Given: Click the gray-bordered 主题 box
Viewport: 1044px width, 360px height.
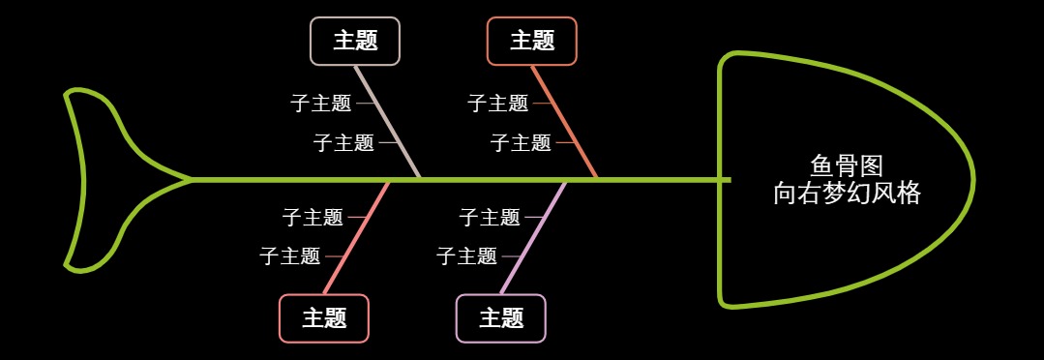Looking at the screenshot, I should (x=354, y=41).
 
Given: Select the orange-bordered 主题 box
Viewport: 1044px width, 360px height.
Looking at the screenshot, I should (x=531, y=41).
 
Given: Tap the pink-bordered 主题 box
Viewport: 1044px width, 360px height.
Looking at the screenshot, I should (x=324, y=318).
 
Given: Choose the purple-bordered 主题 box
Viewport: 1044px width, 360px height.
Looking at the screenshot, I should (x=501, y=318).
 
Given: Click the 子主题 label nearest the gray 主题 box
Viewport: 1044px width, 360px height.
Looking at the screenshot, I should (x=320, y=103).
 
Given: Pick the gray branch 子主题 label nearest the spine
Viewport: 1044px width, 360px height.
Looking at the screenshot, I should (x=343, y=143).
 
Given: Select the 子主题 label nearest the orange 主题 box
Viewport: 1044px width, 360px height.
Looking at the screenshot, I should (x=497, y=103).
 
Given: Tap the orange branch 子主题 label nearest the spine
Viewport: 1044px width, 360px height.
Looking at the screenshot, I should (x=521, y=143).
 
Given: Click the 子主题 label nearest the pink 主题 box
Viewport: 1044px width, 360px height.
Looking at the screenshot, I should (x=290, y=256).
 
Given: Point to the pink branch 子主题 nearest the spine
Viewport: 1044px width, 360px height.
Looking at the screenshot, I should (x=313, y=218).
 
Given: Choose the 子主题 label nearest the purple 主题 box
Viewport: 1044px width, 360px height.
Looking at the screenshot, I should (x=467, y=256).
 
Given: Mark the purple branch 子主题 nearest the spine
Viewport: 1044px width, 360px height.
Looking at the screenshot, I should (x=490, y=218).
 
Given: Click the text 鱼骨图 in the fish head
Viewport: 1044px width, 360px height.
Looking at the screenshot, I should (x=847, y=165).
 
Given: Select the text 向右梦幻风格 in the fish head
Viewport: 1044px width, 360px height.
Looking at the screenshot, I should (x=847, y=193).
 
